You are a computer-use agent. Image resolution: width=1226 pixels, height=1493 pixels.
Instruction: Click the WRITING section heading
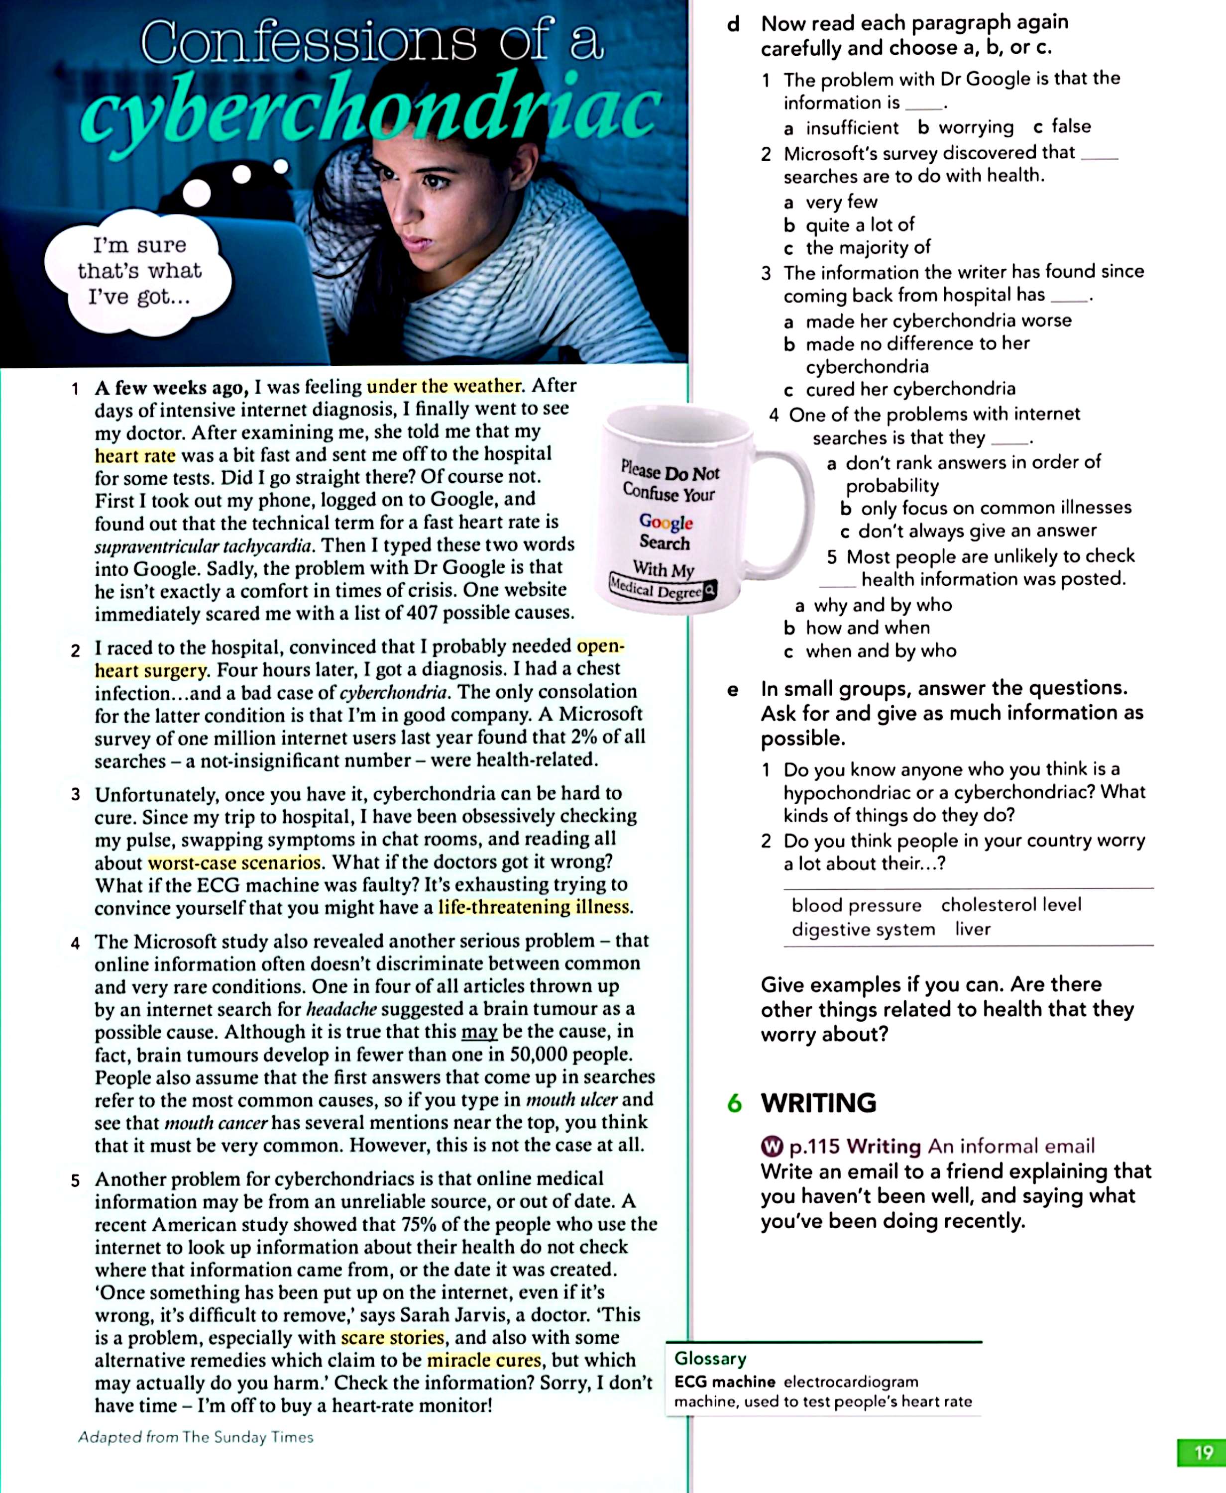tap(818, 1103)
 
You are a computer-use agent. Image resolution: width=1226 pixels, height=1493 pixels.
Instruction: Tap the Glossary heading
tap(710, 1358)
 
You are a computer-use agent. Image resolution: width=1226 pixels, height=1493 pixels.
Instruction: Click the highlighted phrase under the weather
tap(444, 386)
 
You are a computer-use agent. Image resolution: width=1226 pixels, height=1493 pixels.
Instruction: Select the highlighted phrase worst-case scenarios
tap(234, 862)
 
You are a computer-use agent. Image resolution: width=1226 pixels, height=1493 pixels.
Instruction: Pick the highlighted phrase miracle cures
tap(484, 1360)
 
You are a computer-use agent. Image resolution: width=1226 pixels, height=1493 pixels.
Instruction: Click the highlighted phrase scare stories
tap(393, 1337)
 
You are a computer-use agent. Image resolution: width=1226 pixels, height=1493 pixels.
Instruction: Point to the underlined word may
tap(479, 1031)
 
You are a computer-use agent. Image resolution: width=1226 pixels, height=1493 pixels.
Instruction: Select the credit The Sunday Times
tap(247, 1437)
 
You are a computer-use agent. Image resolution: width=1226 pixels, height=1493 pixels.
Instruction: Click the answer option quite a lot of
tap(860, 225)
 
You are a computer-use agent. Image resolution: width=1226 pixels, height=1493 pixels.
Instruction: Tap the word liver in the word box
tap(973, 929)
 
